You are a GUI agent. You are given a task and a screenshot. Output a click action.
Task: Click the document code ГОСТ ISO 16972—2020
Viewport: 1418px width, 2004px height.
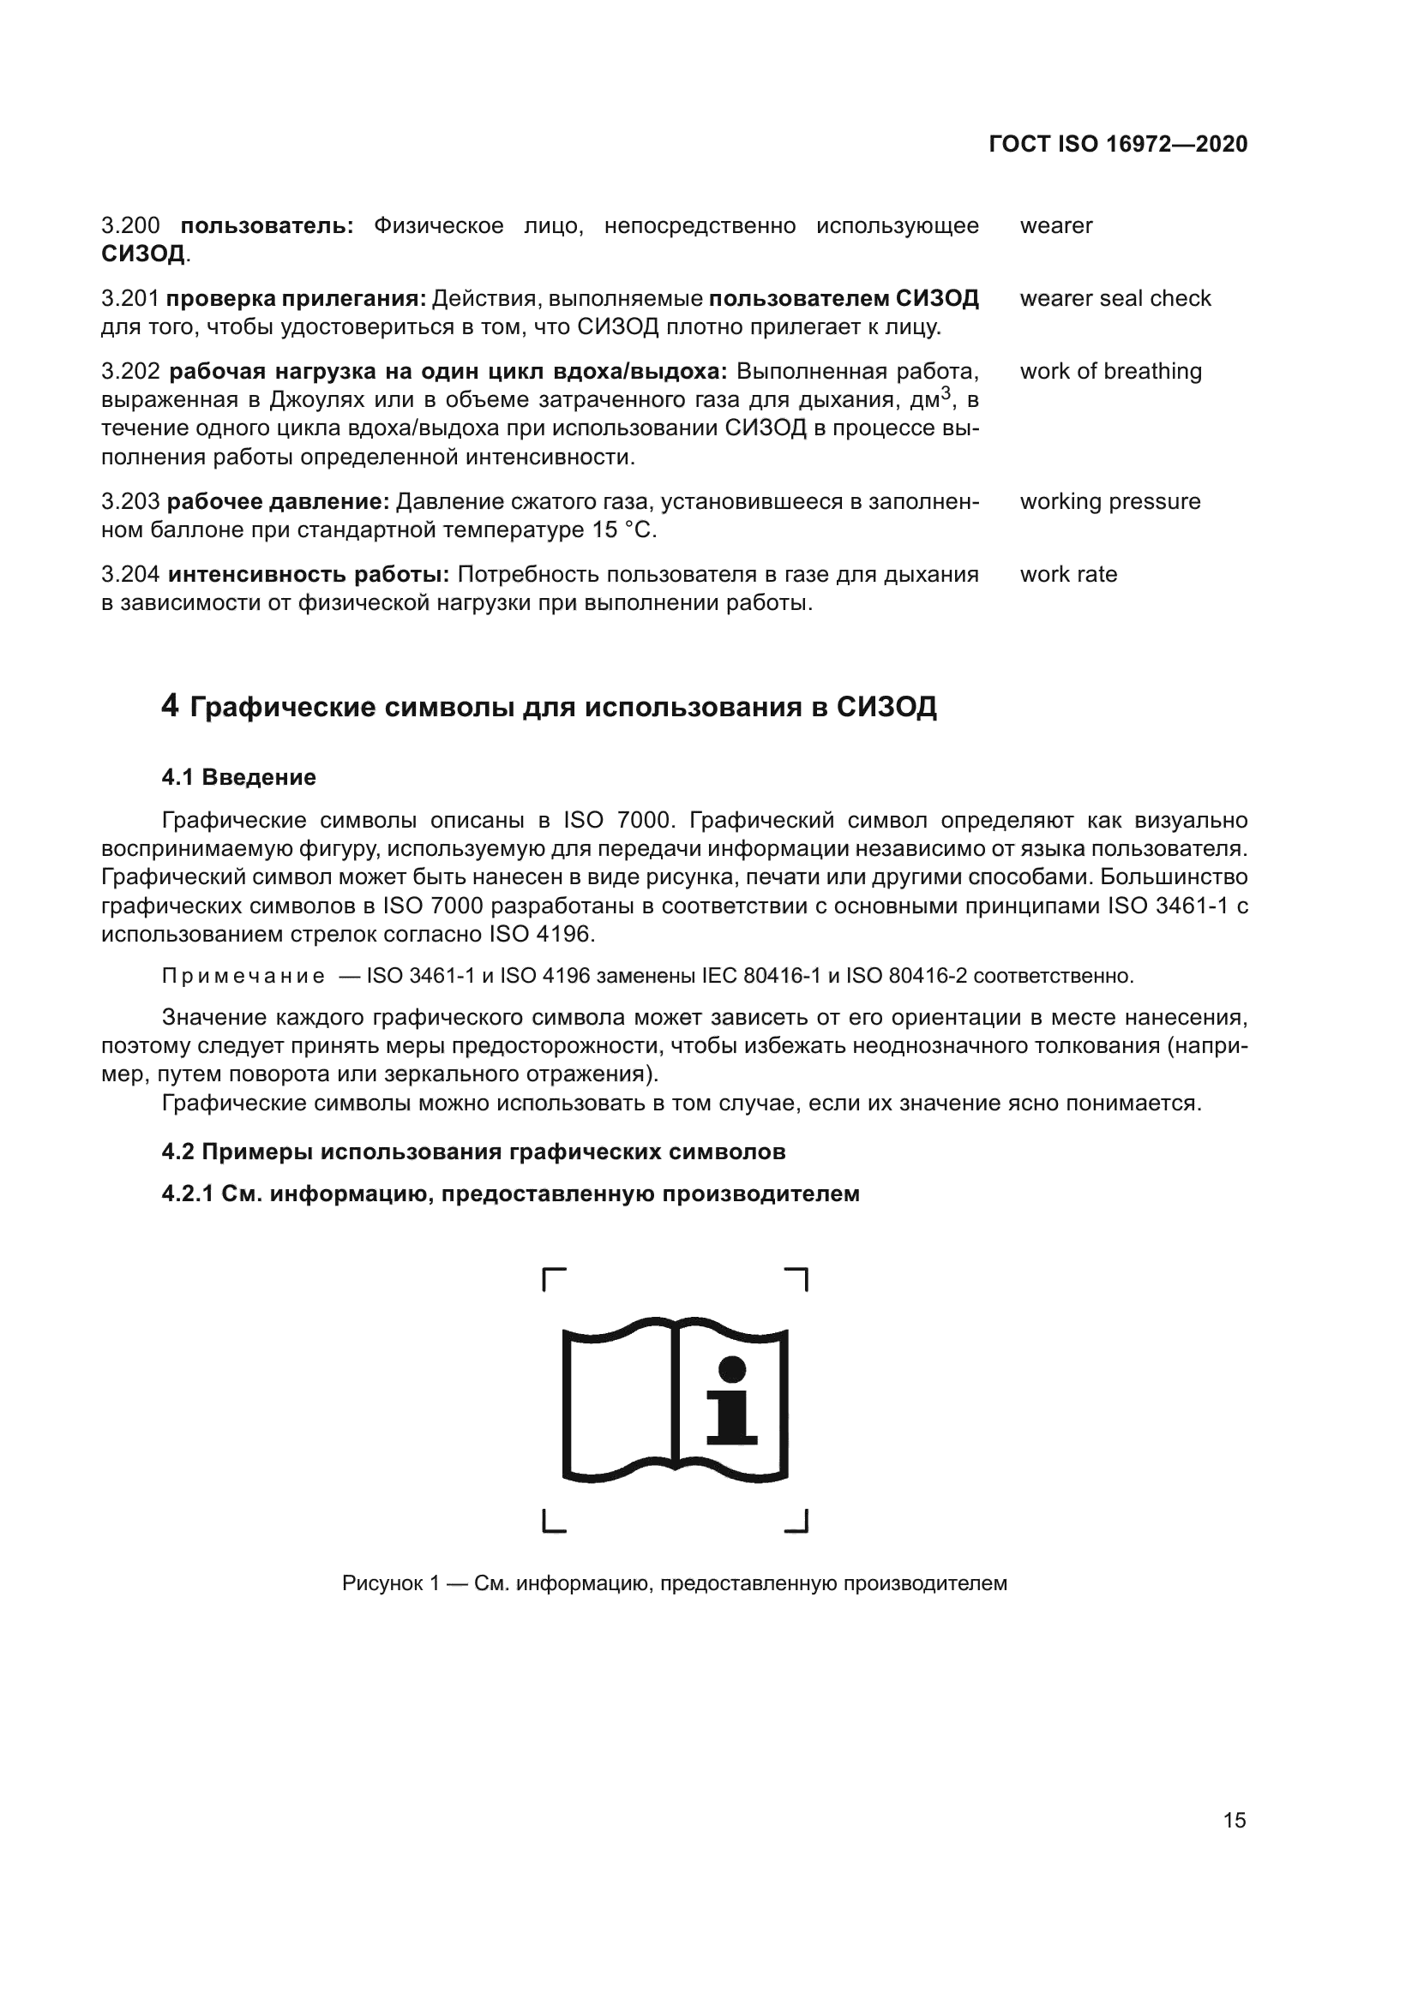(x=1118, y=144)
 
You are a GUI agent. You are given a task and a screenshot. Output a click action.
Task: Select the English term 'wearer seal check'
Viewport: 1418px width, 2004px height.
(x=1115, y=298)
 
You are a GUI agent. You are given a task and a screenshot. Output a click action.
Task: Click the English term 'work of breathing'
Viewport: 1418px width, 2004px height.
(x=1110, y=371)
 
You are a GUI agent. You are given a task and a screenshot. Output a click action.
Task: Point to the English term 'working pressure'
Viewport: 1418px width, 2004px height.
(x=1109, y=502)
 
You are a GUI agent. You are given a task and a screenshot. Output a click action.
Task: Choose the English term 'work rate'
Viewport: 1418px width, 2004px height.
(x=1068, y=574)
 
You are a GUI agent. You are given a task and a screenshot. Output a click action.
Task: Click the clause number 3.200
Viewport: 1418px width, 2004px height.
(x=130, y=226)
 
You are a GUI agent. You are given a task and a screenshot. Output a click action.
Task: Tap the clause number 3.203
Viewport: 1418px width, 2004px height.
(x=130, y=502)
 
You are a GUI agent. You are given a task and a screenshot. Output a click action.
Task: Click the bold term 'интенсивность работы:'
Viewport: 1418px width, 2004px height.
(x=309, y=574)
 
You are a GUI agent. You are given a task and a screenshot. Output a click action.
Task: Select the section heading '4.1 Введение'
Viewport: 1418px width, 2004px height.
(x=238, y=777)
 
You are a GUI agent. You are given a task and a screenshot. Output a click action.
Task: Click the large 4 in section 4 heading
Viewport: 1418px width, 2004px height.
(x=171, y=705)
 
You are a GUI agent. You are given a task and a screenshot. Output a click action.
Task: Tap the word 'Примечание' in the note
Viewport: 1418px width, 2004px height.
(x=243, y=976)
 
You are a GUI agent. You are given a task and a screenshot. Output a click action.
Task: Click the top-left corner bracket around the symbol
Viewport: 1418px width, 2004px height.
(x=554, y=1278)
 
